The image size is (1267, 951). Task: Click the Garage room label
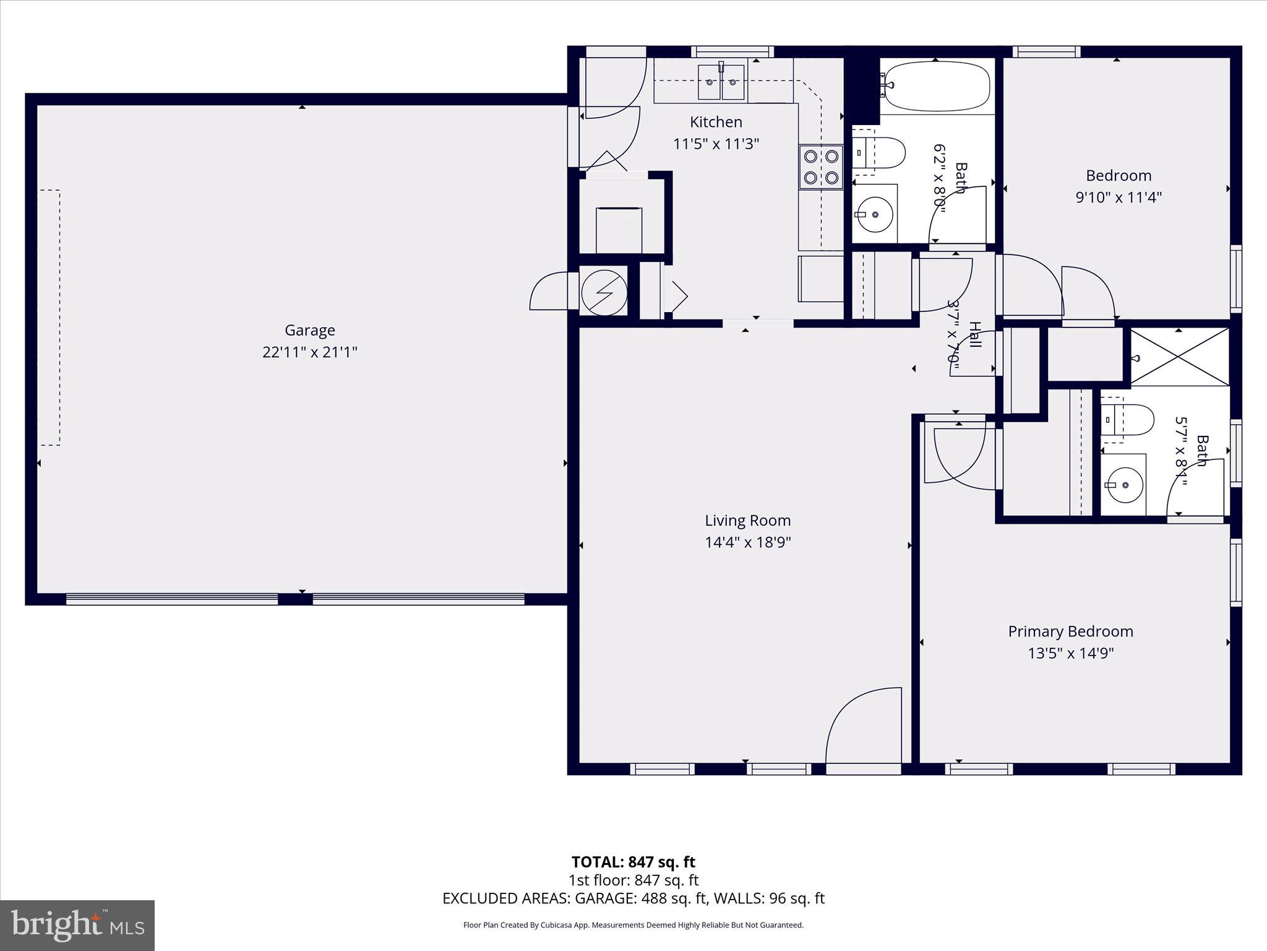(x=309, y=330)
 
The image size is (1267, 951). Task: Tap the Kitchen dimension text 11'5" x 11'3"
(x=716, y=144)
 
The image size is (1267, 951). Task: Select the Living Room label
(x=747, y=521)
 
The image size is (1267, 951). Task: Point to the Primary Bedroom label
(x=1070, y=632)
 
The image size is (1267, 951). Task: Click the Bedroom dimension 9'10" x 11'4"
(x=1119, y=198)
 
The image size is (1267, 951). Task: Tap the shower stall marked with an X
(x=1179, y=357)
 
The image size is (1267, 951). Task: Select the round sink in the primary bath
(x=1125, y=485)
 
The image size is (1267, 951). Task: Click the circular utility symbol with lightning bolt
(x=604, y=292)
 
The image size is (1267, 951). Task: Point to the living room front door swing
(x=862, y=727)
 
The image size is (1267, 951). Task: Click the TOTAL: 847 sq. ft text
(x=633, y=862)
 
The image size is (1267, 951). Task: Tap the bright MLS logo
(x=77, y=926)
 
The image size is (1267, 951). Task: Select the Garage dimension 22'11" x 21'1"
(x=309, y=352)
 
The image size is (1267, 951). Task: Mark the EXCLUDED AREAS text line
(x=633, y=898)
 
